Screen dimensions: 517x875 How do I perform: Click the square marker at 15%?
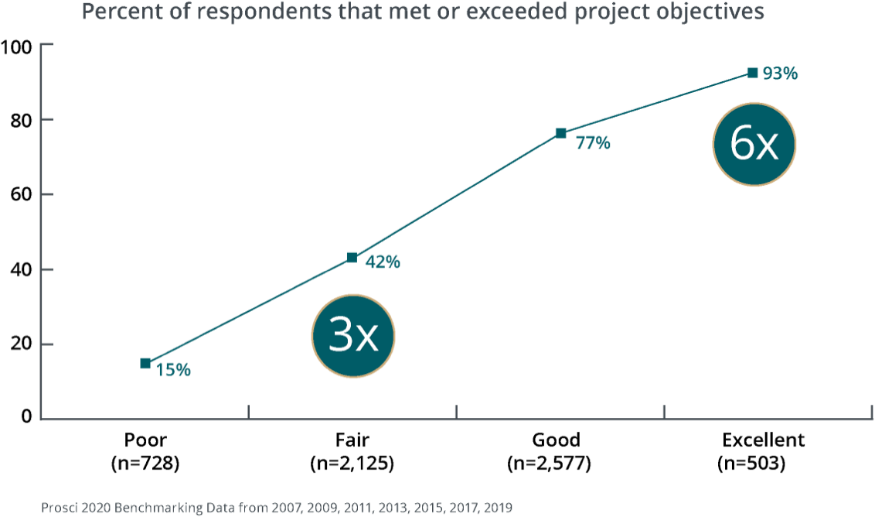click(145, 363)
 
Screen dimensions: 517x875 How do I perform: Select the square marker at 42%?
click(352, 258)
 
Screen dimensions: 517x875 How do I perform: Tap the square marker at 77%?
click(561, 132)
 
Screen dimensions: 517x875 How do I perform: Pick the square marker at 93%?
click(752, 73)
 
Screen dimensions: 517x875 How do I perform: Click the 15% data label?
click(173, 370)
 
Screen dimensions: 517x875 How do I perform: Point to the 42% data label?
click(382, 262)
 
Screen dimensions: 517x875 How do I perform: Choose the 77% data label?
click(593, 142)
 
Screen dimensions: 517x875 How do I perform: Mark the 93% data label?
click(780, 74)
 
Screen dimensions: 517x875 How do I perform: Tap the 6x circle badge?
click(754, 144)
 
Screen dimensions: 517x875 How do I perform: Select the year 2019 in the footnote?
click(497, 508)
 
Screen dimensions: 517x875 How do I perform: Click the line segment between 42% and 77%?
click(456, 195)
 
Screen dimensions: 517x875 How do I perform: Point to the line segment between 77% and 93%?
click(657, 102)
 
